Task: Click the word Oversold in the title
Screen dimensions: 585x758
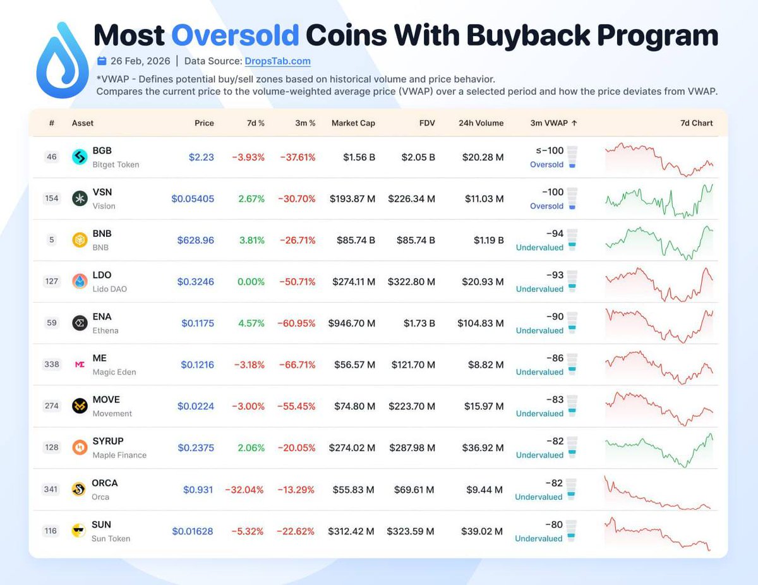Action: coord(235,36)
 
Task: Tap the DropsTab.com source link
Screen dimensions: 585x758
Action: coord(277,61)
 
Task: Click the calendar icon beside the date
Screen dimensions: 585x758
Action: coord(102,61)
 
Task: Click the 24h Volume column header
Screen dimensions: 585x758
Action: coord(481,123)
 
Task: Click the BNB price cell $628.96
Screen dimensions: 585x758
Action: coord(195,240)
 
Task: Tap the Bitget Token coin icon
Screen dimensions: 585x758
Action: coord(80,157)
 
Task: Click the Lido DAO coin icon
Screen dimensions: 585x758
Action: coord(80,282)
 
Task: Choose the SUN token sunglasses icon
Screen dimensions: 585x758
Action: coord(80,531)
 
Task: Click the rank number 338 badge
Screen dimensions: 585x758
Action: coord(52,365)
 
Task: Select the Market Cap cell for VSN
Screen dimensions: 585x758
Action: coord(352,198)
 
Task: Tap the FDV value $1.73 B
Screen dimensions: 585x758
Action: coord(419,323)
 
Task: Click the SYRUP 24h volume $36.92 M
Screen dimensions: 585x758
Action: coord(482,447)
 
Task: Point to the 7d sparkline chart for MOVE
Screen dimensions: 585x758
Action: coord(659,406)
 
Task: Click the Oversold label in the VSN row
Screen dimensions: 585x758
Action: coord(546,206)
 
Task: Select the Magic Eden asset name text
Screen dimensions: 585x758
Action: coord(114,372)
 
